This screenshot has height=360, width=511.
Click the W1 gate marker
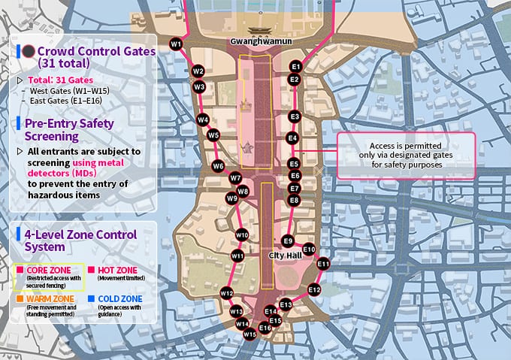coord(177,44)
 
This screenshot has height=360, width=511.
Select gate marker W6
coord(218,166)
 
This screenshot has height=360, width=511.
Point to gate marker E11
coord(323,264)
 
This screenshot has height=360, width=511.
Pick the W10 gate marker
coord(242,235)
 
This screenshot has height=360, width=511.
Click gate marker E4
coord(293,138)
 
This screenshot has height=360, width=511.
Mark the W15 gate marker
coord(249,334)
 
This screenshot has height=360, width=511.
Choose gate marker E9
coord(288,241)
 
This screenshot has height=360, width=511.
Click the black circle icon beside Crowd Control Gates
coord(28,52)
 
